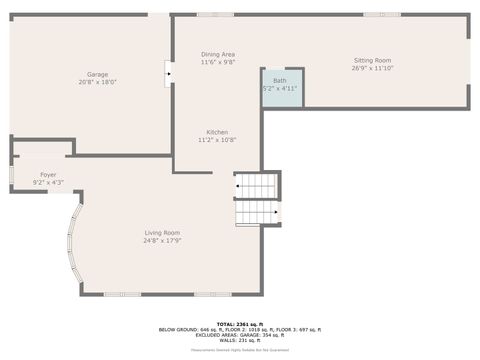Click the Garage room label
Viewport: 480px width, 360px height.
pos(97,74)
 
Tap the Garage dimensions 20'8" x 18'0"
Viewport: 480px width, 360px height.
pos(97,82)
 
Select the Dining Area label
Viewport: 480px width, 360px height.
pos(218,54)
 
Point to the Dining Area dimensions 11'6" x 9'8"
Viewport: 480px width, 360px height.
pos(218,62)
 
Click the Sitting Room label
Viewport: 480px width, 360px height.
pos(372,60)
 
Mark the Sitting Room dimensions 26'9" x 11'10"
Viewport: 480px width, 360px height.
pos(372,68)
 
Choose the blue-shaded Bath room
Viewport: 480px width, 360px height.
pos(282,87)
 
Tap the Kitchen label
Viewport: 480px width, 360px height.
pos(218,132)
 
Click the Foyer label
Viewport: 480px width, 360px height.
pos(48,175)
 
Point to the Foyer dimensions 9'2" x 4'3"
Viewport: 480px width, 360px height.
pos(48,183)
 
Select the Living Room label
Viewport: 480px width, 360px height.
pos(162,233)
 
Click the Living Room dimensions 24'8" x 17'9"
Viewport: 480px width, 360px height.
pos(162,241)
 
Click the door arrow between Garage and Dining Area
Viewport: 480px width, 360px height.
pos(169,73)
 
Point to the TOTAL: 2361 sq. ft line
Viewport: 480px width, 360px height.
pos(239,324)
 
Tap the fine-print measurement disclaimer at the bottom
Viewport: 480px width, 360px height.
pos(239,350)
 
